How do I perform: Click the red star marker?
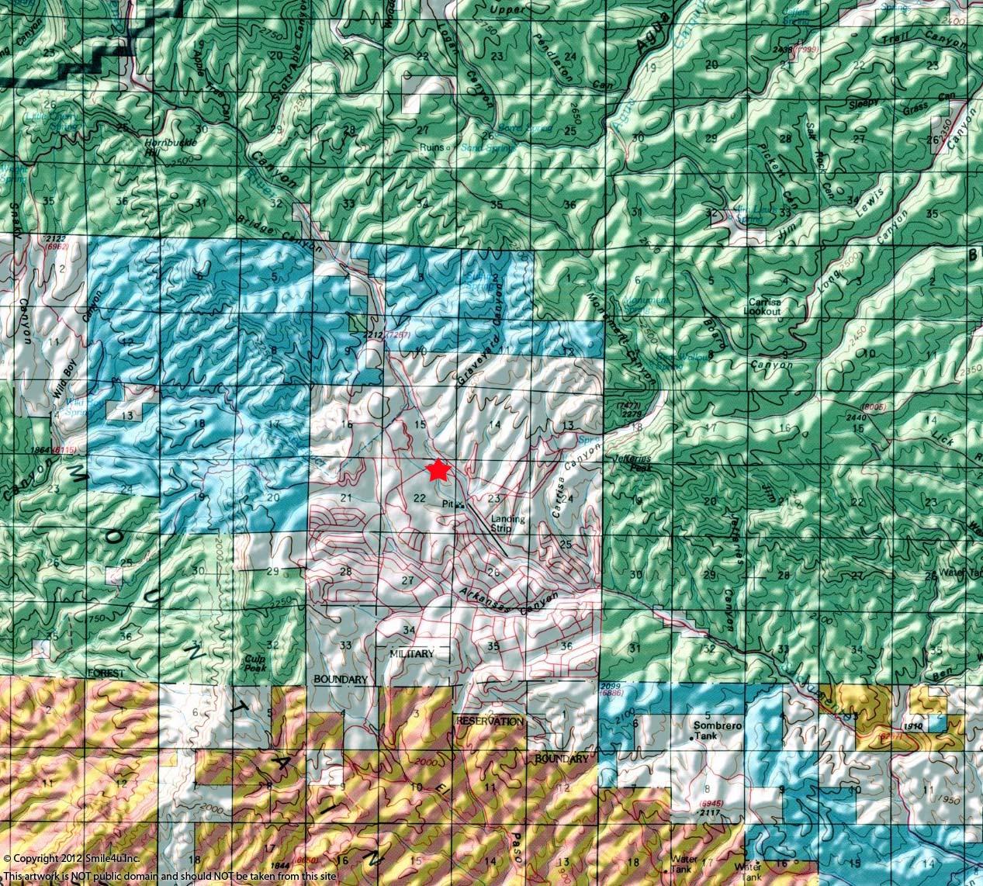(x=438, y=470)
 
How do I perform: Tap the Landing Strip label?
(x=507, y=524)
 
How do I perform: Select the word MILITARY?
(x=412, y=654)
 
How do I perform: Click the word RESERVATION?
(x=490, y=721)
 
